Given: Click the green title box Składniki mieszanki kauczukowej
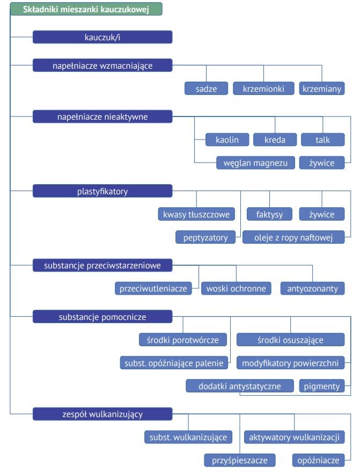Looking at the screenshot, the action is click(x=86, y=9).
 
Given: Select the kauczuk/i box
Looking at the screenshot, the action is click(x=102, y=37).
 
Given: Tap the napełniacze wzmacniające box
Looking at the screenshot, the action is click(x=102, y=65).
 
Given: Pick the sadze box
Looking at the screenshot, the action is click(x=206, y=89).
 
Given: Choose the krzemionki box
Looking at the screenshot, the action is click(x=263, y=89).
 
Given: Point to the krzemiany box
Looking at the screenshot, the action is click(x=322, y=89).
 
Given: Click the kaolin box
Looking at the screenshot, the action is click(x=227, y=140).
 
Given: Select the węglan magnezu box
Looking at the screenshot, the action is click(x=255, y=163).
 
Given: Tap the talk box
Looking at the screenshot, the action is click(x=322, y=140).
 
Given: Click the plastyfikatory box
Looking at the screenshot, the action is click(x=102, y=191).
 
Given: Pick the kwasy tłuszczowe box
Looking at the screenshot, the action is click(x=196, y=214).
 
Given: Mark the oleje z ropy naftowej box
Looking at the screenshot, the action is click(x=293, y=237).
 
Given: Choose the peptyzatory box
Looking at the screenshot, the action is click(x=205, y=237).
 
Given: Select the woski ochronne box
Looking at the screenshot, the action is click(x=236, y=288).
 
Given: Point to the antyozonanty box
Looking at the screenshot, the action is click(x=312, y=288).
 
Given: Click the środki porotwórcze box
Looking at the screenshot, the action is click(x=183, y=340).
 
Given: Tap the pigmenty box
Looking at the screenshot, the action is click(x=322, y=386).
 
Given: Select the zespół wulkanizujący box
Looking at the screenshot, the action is click(x=102, y=414).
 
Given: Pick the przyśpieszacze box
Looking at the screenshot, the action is click(x=240, y=461).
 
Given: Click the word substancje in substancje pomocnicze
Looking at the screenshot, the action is click(x=79, y=317).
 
